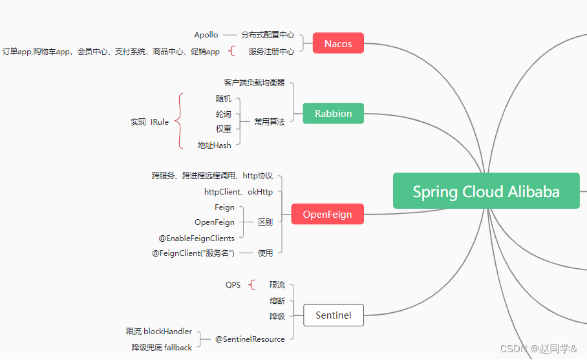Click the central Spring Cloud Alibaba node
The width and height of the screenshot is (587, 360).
[486, 191]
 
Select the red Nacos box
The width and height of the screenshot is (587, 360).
[338, 43]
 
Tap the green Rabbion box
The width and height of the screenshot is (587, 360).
[333, 113]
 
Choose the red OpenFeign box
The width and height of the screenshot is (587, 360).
[327, 215]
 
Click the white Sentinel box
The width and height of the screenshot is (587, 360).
[333, 315]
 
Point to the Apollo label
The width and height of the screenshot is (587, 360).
[206, 35]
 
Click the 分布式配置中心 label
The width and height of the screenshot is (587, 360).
[268, 35]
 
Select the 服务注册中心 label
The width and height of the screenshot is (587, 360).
[272, 51]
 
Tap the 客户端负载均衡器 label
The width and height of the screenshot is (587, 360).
[255, 83]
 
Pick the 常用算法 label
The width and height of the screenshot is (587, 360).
[269, 122]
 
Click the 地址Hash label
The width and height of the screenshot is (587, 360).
[215, 145]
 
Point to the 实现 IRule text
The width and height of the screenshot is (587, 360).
[149, 122]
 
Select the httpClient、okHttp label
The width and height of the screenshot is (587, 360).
[239, 192]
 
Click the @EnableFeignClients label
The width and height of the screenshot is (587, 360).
[197, 238]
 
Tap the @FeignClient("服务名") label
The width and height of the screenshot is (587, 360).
[193, 253]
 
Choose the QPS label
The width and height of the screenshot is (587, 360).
[233, 285]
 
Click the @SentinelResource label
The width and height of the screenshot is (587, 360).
[250, 339]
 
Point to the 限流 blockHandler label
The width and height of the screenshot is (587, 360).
[159, 332]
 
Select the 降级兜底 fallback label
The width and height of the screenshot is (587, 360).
[162, 347]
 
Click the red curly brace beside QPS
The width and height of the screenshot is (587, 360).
[251, 285]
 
